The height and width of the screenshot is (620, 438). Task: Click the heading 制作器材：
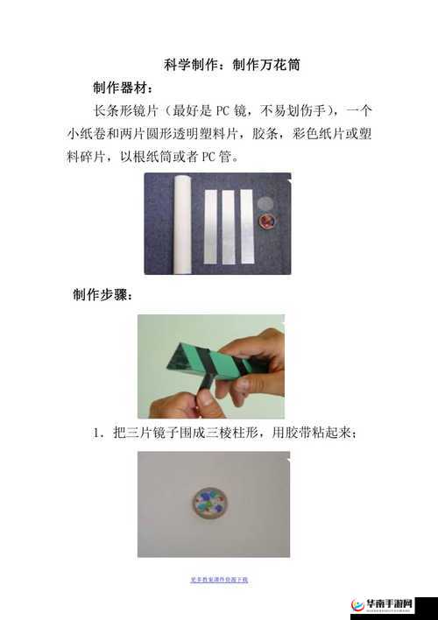point(123,88)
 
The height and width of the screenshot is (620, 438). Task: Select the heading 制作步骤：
point(102,294)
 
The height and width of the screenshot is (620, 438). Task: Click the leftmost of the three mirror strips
point(210,226)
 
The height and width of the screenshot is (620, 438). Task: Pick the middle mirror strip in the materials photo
point(228,226)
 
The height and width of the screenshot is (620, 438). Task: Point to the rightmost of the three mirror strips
point(246,226)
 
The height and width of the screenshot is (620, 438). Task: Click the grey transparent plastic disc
point(266,202)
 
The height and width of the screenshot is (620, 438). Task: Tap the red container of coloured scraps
point(265,220)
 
